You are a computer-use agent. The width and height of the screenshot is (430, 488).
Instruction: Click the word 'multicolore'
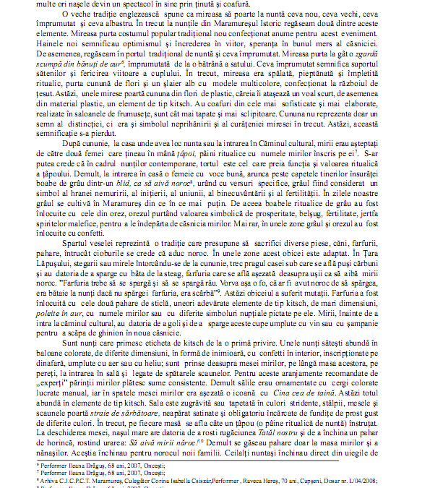(265, 77)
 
